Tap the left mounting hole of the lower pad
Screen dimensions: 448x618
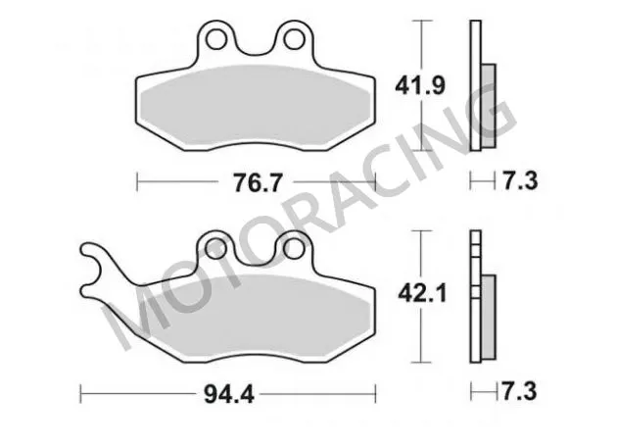pos(216,248)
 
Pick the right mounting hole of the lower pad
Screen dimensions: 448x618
pos(290,248)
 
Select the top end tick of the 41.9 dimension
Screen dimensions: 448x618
pos(421,21)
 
